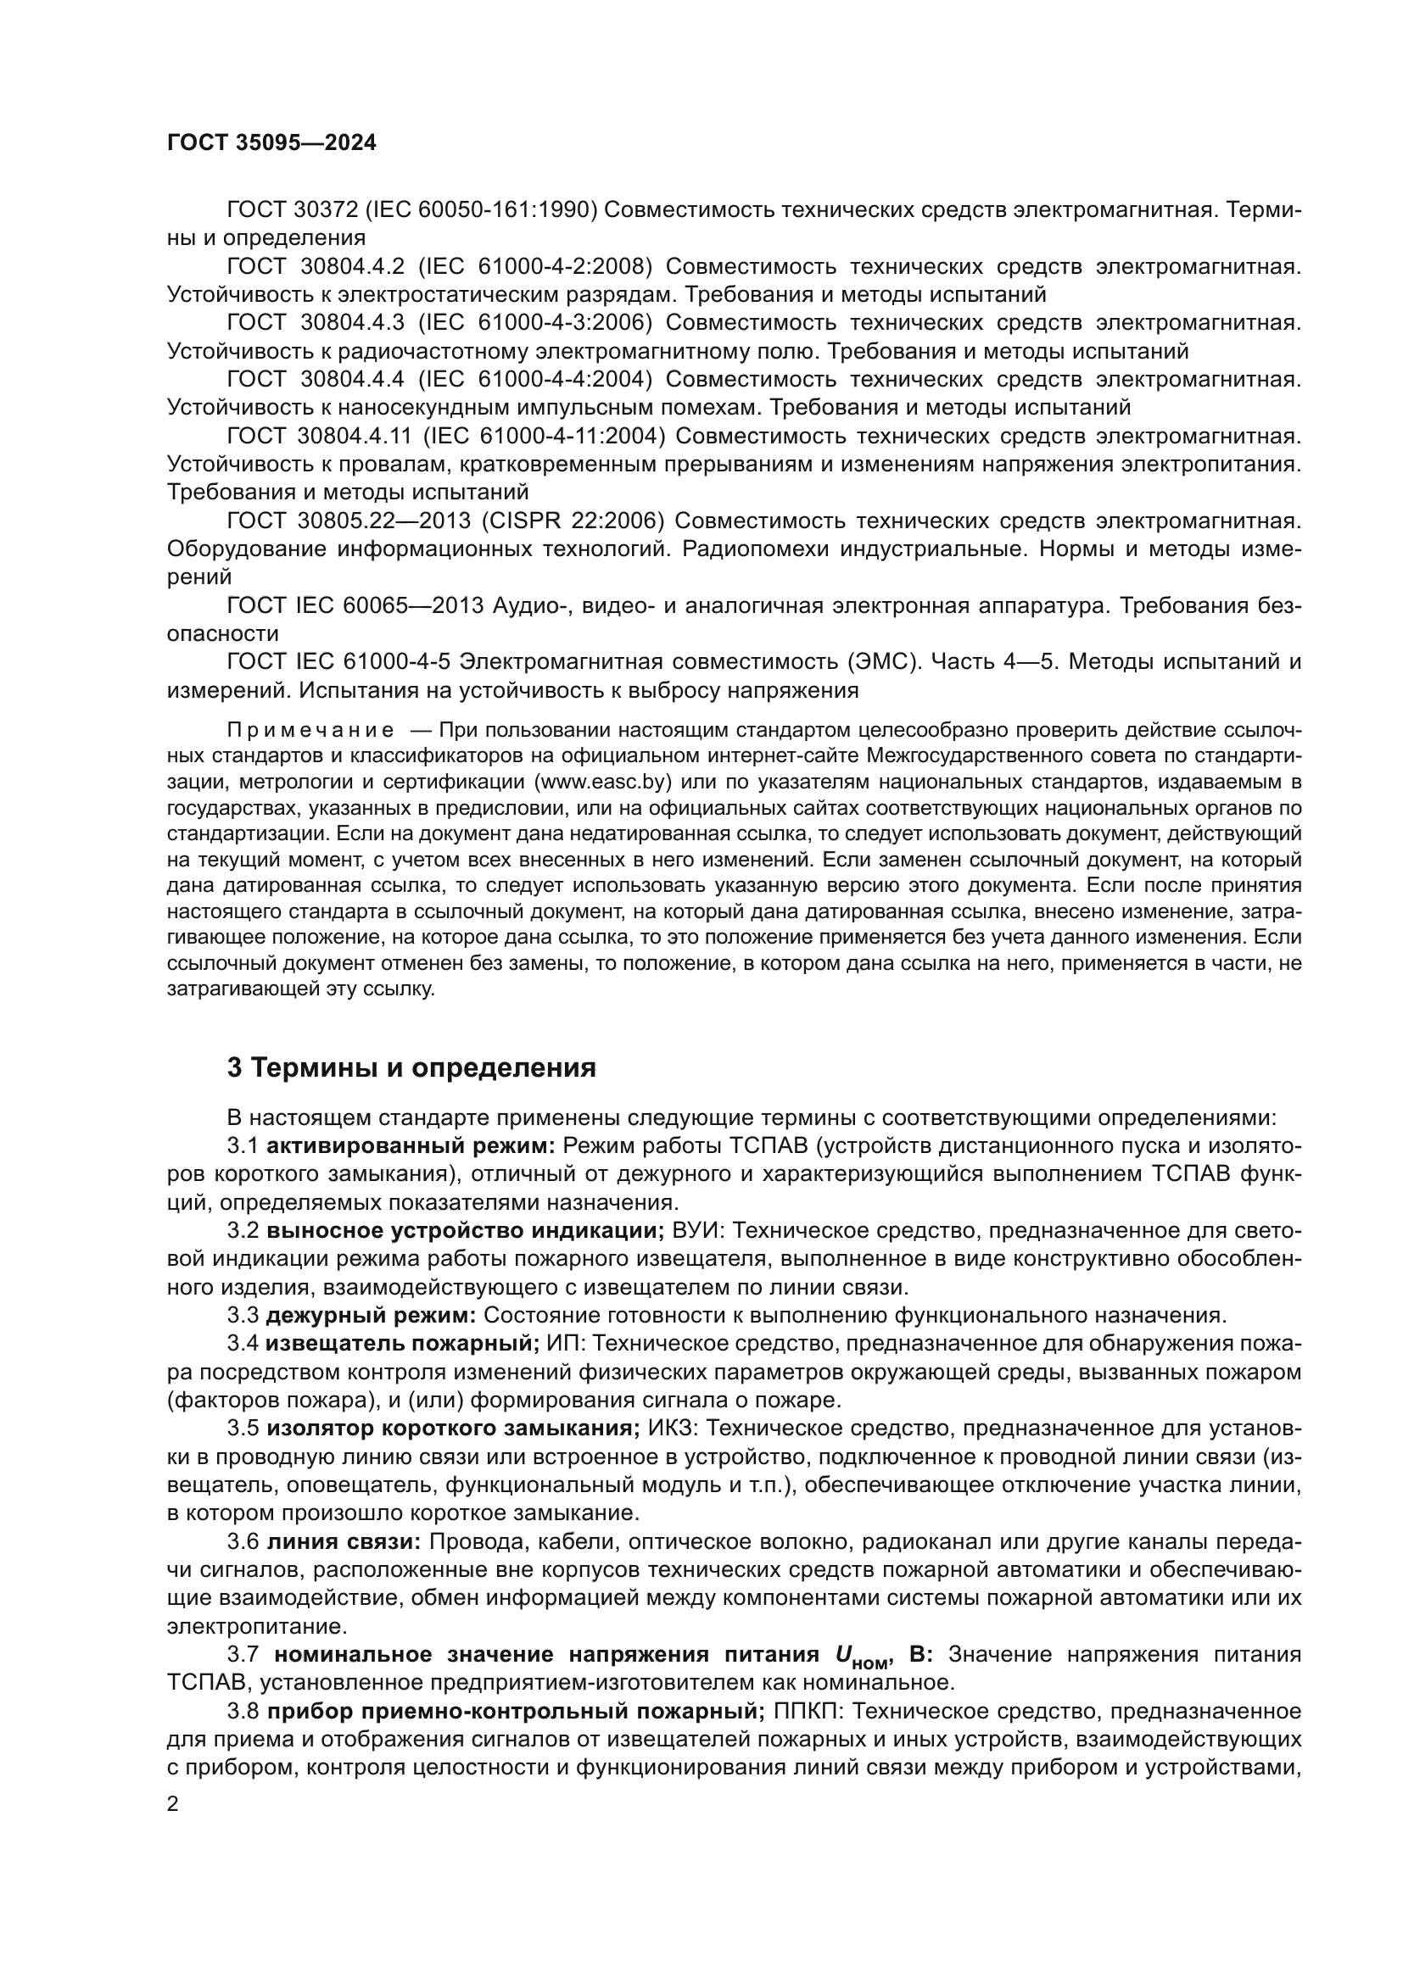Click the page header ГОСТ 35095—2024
pyautogui.click(x=271, y=143)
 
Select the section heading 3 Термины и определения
pyautogui.click(x=411, y=1068)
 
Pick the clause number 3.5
pyautogui.click(x=243, y=1429)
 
